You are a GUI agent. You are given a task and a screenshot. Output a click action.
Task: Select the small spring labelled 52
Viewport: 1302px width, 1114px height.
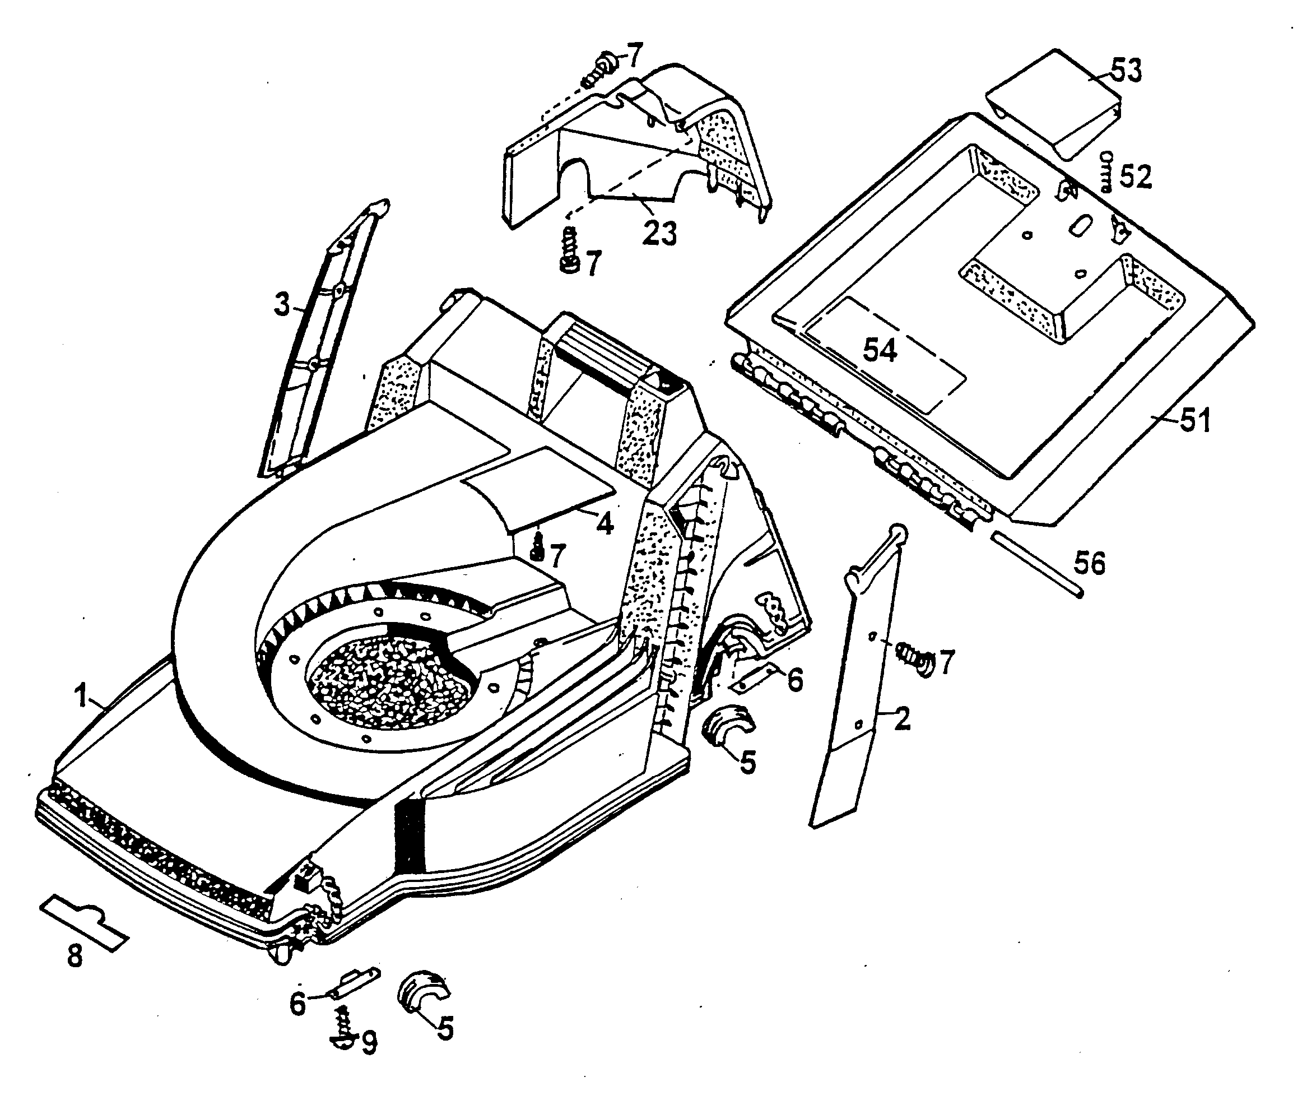point(1106,171)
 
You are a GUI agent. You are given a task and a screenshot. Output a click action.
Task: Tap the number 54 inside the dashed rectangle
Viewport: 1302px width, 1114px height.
point(880,350)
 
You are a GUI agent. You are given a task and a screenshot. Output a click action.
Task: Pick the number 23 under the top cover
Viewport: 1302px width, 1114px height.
point(659,233)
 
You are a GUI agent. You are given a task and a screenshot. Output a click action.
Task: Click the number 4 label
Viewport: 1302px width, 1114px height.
point(604,522)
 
